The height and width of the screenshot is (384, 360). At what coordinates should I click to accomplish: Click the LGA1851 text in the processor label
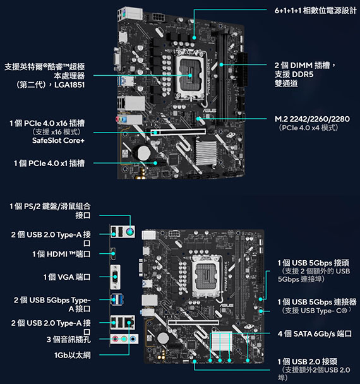tap(69, 85)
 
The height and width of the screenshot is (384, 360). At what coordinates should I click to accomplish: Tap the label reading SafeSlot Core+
tap(58, 140)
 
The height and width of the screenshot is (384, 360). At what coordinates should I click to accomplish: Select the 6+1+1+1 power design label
tap(315, 11)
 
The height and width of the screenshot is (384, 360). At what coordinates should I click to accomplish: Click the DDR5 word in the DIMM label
tap(302, 74)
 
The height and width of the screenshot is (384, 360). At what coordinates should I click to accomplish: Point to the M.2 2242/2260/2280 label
tap(312, 119)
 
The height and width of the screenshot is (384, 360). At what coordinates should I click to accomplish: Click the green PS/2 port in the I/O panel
tap(130, 231)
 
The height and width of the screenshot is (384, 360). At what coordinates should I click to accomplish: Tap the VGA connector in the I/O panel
tap(115, 277)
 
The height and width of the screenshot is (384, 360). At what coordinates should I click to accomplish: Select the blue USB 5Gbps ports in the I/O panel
tap(117, 299)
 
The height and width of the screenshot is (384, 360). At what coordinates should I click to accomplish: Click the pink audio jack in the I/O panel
tap(115, 339)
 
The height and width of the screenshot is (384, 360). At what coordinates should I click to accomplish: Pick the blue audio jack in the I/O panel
tap(133, 339)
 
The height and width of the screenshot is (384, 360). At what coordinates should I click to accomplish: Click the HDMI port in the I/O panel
tap(113, 254)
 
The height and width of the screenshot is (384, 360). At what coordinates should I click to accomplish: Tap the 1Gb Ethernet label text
tap(72, 355)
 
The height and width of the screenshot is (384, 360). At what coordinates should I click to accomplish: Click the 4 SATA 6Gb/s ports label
tap(315, 333)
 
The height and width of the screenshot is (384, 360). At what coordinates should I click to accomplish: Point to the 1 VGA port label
tap(67, 277)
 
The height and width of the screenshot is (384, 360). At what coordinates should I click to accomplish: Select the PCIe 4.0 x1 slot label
tap(49, 163)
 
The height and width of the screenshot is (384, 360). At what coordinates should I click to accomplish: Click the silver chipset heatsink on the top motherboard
tap(207, 152)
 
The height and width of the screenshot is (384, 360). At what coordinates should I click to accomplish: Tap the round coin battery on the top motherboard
tap(143, 153)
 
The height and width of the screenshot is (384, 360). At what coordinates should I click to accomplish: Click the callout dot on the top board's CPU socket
tap(190, 75)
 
